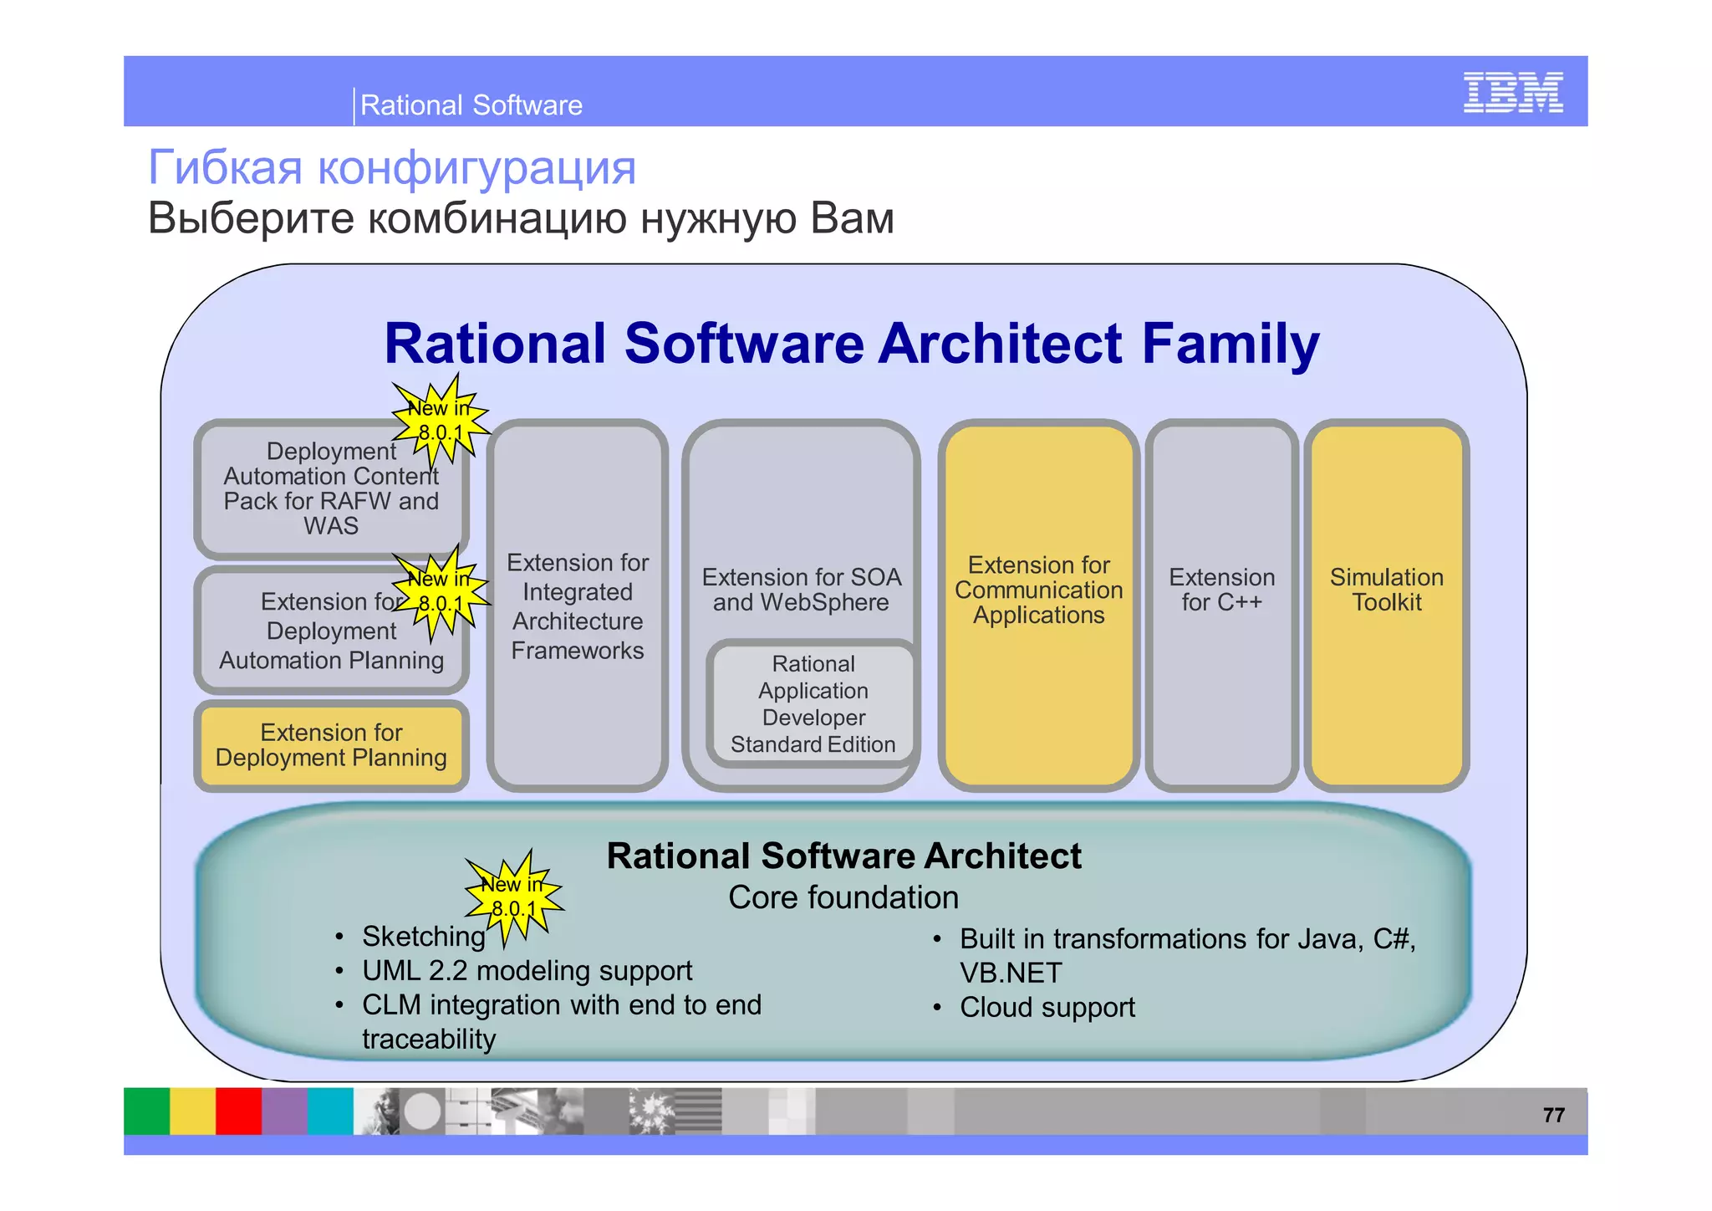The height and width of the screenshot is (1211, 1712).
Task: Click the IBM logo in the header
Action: pos(1512,92)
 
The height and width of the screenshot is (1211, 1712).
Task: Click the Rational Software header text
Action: pos(471,105)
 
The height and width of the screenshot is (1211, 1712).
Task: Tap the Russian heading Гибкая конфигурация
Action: pos(391,166)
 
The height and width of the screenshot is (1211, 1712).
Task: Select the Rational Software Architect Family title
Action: pos(851,344)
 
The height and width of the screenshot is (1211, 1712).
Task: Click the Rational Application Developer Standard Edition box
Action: pos(813,704)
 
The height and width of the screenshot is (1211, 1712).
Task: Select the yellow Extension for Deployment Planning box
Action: pos(331,745)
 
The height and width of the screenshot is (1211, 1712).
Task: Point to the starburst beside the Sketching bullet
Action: pos(513,897)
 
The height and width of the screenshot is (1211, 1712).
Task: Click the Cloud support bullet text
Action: pos(1047,1008)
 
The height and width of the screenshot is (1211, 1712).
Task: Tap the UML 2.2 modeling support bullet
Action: pos(527,971)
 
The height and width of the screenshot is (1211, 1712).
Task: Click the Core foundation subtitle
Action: pos(843,897)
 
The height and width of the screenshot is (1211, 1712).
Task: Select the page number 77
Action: pos(1553,1115)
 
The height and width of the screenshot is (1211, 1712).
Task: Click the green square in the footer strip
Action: pos(146,1111)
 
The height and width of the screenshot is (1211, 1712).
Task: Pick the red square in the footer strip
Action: pos(238,1111)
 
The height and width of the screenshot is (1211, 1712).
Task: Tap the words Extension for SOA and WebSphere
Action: pos(801,590)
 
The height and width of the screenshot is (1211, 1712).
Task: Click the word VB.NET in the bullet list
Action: pos(1010,973)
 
